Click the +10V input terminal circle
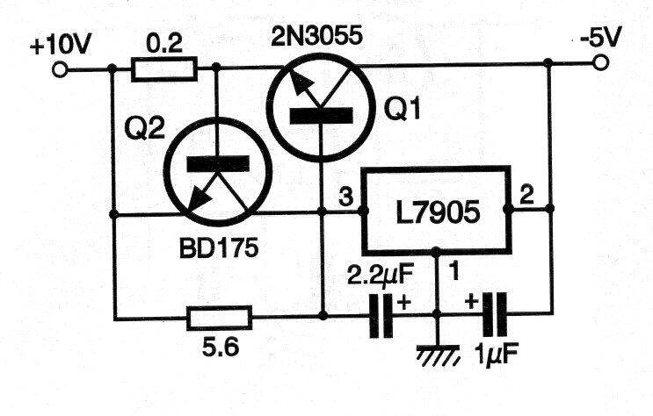coord(60,70)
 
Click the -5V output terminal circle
coord(600,63)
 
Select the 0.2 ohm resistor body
coord(164,69)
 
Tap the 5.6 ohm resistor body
coord(219,318)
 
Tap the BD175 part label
coord(219,248)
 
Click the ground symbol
coord(439,355)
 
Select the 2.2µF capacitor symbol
coord(381,315)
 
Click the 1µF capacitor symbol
coord(495,314)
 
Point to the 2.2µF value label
coord(380,276)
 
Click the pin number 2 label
coord(526,195)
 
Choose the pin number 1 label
coord(453,272)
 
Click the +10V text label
coord(60,45)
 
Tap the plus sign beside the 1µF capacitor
coord(471,301)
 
